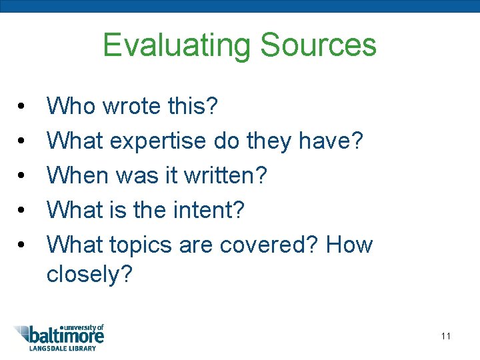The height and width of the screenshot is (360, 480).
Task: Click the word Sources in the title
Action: pos(318,45)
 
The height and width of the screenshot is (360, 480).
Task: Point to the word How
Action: pos(349,245)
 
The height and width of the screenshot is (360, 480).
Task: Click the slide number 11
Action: pos(446,336)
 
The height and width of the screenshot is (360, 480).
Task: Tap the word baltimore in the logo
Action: pos(67,336)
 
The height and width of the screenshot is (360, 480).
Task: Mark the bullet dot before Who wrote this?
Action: pos(21,107)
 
